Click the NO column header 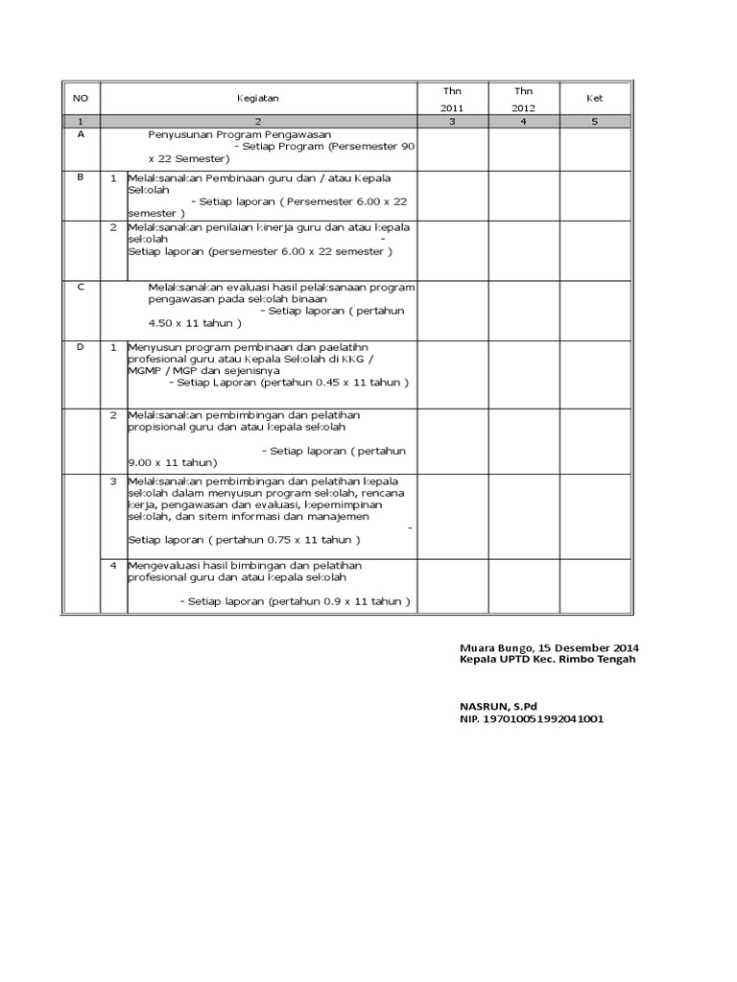tap(81, 98)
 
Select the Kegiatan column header tap(258, 98)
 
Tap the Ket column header tap(595, 98)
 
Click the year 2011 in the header tap(452, 108)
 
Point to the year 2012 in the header tap(523, 108)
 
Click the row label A tap(81, 135)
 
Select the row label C tap(81, 287)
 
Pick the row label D tap(81, 346)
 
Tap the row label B tap(81, 177)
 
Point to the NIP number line tap(532, 719)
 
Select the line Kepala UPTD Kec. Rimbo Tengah tap(547, 659)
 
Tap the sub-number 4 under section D tap(113, 565)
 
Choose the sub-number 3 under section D tap(113, 480)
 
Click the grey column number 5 tap(595, 121)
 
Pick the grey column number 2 tap(258, 121)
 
